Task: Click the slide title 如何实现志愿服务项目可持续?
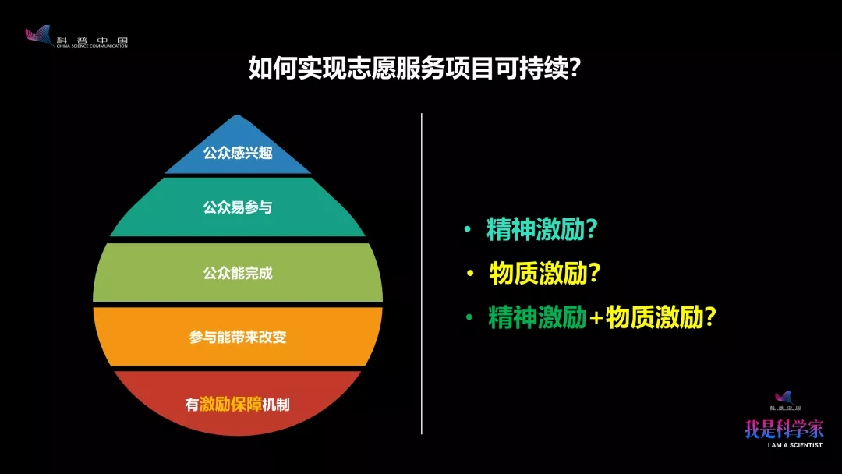click(x=415, y=68)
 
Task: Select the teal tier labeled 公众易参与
click(x=237, y=207)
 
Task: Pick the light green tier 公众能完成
click(x=237, y=273)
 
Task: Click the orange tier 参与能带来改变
click(x=237, y=337)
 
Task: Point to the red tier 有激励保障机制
click(x=237, y=402)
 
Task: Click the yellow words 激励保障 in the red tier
click(x=230, y=404)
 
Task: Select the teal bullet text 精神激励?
click(x=542, y=229)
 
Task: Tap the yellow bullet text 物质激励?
click(x=544, y=273)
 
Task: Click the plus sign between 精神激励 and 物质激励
click(x=596, y=318)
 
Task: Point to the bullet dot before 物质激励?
click(x=470, y=273)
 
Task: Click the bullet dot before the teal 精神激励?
click(x=467, y=229)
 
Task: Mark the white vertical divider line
click(x=422, y=274)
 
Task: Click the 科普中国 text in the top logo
click(x=92, y=40)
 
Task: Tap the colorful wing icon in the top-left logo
click(x=39, y=35)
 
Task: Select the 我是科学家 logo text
click(x=784, y=429)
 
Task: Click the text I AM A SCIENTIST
click(x=794, y=445)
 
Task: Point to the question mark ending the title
click(x=575, y=68)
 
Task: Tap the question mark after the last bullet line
click(x=710, y=317)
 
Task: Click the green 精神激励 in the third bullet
click(x=537, y=317)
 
